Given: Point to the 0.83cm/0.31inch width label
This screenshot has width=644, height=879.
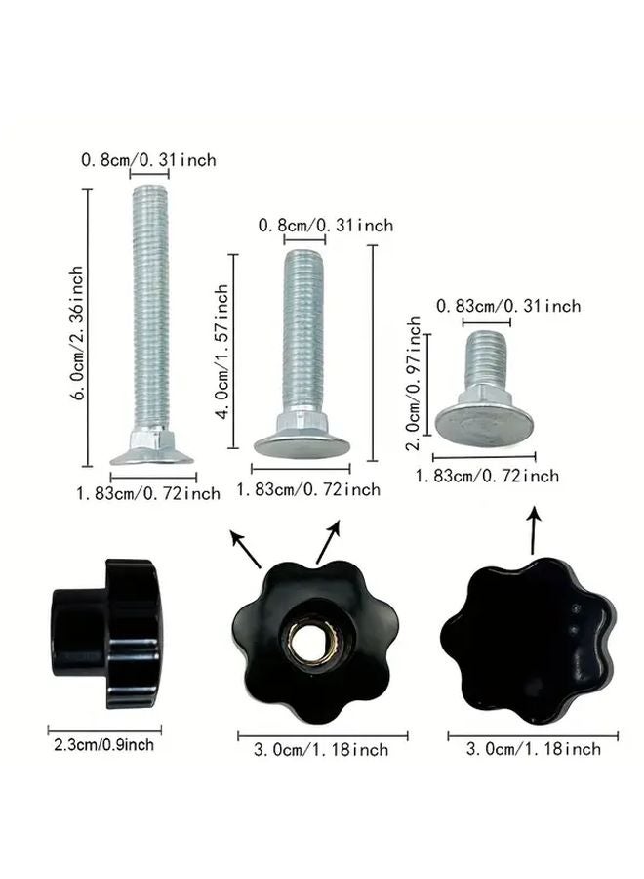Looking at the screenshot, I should click(x=507, y=306).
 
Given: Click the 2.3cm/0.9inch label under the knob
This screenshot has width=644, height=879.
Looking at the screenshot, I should click(x=101, y=745).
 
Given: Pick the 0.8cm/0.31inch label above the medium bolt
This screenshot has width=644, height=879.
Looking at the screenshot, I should click(x=325, y=225).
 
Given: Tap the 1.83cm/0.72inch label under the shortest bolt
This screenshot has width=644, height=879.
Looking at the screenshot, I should click(x=487, y=476).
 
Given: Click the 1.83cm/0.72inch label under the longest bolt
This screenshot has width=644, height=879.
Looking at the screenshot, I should click(x=148, y=493).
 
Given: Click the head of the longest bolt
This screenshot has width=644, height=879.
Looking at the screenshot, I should click(x=150, y=452).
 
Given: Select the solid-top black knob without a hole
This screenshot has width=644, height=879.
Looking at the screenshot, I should click(x=527, y=640).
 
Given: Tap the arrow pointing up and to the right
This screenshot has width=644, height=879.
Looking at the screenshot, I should click(x=329, y=542).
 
